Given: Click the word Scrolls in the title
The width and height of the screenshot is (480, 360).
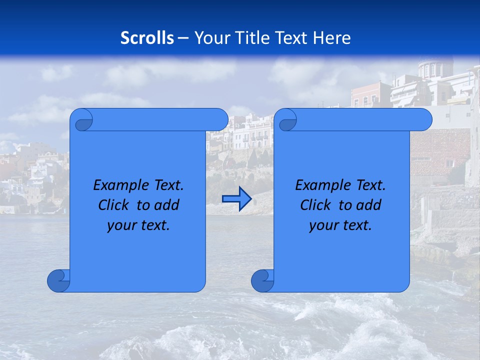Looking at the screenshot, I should (x=147, y=38).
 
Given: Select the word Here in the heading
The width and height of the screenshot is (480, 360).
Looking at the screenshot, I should (x=332, y=38).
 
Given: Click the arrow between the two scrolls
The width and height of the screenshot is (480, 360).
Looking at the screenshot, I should (x=236, y=199).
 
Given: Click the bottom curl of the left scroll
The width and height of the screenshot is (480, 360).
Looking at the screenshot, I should (x=58, y=280).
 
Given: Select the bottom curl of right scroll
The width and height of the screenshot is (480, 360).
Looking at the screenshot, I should (x=262, y=280).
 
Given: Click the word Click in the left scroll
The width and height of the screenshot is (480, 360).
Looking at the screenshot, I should (x=114, y=205).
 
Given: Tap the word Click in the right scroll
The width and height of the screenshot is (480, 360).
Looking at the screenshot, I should (x=316, y=205).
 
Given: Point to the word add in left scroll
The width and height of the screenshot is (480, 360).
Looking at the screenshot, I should (x=167, y=205).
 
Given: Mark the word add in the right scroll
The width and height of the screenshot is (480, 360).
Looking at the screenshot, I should (x=369, y=205).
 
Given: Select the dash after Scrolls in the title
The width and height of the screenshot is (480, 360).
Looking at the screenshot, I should (x=183, y=38).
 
